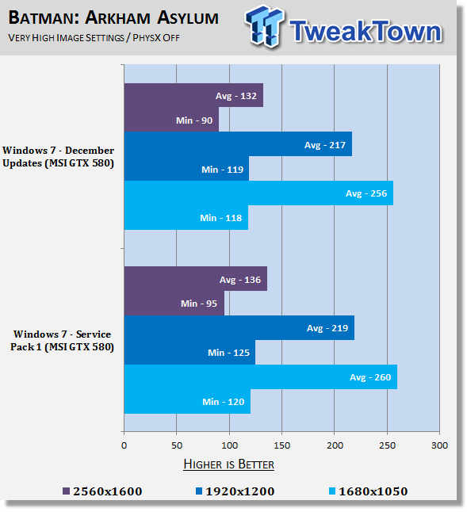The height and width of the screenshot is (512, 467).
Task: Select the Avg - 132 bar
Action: [x=193, y=95]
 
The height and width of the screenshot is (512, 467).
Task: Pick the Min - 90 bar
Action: [x=171, y=120]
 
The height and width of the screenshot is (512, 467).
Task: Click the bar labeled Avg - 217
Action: [x=238, y=144]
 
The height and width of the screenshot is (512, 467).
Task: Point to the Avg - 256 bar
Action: [x=258, y=193]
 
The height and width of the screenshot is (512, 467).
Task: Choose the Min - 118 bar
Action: [x=186, y=217]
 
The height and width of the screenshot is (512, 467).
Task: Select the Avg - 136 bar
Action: [x=195, y=278]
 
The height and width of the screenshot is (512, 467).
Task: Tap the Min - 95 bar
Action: [x=174, y=303]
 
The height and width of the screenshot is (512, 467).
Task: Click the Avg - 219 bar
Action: [x=239, y=327]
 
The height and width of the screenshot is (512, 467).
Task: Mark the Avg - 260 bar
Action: [x=260, y=376]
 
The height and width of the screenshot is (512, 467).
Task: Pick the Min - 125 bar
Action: [x=189, y=352]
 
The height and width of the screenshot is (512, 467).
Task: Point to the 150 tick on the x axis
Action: [x=281, y=445]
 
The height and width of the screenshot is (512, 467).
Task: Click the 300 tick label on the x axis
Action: [x=439, y=445]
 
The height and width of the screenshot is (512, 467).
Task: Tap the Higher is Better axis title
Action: [x=229, y=464]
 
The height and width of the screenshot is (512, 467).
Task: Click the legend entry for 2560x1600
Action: [x=102, y=491]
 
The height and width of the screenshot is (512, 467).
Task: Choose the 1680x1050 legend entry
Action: [x=368, y=491]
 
